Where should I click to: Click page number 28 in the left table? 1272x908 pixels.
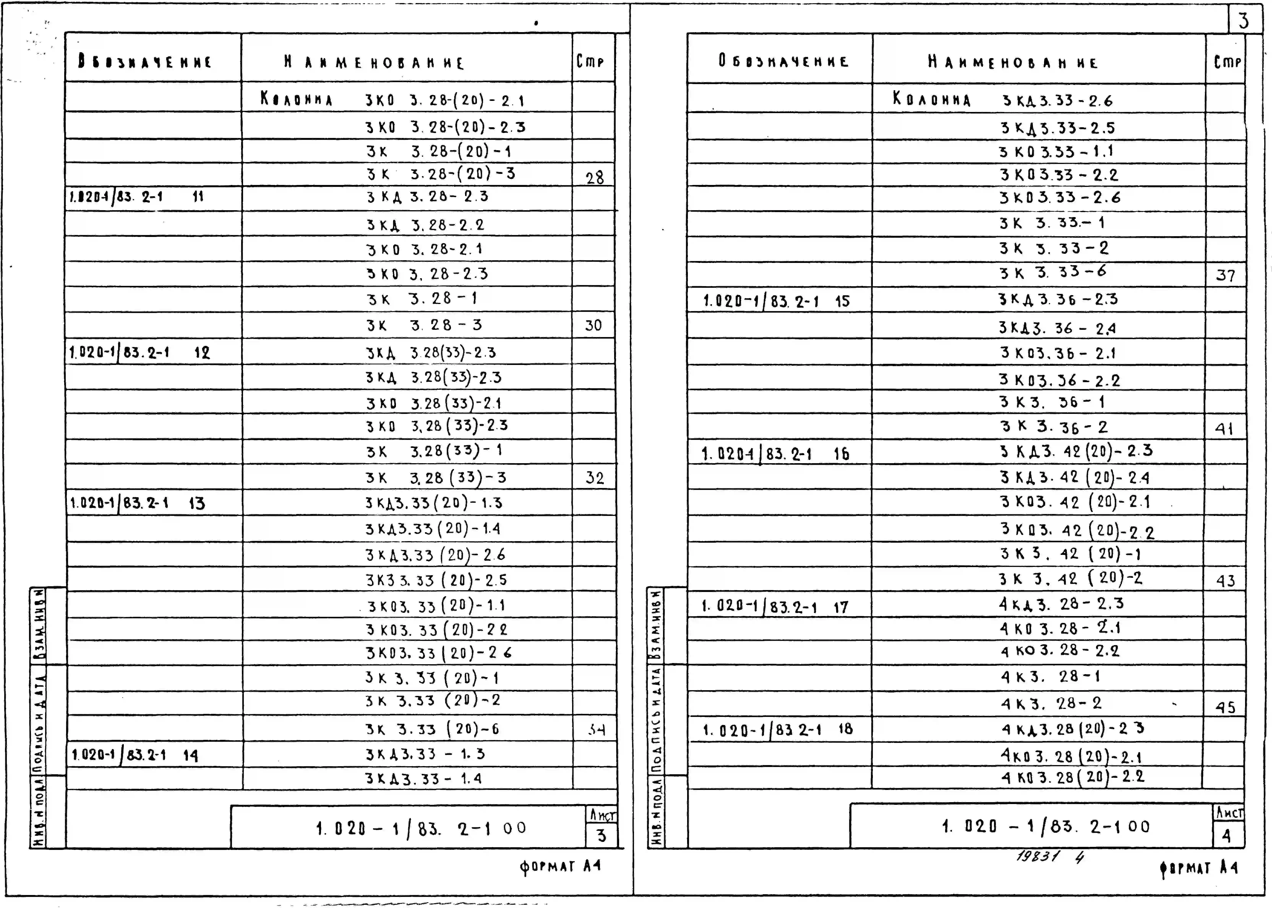(x=594, y=178)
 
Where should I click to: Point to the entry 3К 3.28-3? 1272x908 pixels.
(x=424, y=325)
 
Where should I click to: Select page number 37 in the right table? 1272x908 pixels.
(x=1225, y=276)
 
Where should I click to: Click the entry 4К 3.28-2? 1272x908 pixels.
(x=1051, y=703)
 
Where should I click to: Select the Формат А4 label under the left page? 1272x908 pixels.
(x=560, y=867)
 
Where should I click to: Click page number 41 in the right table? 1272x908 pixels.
(x=1224, y=429)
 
